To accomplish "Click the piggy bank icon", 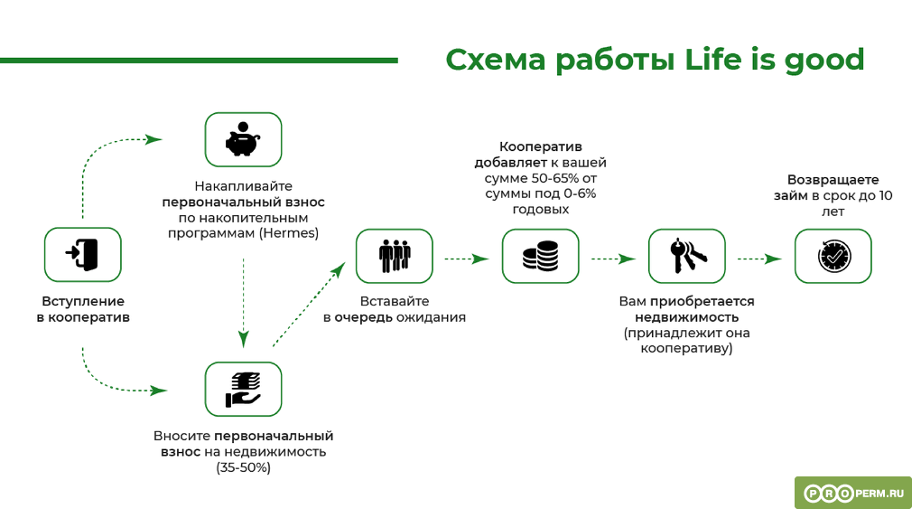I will click(x=243, y=139).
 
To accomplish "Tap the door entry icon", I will click(x=83, y=255).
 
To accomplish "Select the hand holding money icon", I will click(x=243, y=389).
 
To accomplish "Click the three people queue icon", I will click(x=394, y=256).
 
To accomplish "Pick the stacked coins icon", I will click(x=540, y=256).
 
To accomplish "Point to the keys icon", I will click(x=686, y=256).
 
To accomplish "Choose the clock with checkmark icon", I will click(x=833, y=256).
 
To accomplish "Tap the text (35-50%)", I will click(x=243, y=467).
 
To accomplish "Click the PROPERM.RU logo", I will click(x=852, y=494).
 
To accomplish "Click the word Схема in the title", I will click(x=496, y=60).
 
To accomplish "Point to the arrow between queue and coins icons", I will click(x=466, y=259).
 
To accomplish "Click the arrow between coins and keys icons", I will click(x=613, y=259).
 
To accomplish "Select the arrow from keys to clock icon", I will click(x=759, y=259).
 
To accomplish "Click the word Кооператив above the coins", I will click(x=540, y=146).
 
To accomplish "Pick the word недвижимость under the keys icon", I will click(x=686, y=317).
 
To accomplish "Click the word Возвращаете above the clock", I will click(x=833, y=180).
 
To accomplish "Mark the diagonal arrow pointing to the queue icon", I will click(x=309, y=305).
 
